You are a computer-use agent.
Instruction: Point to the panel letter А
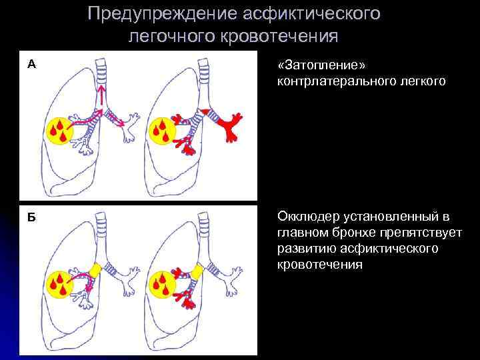(31, 65)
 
